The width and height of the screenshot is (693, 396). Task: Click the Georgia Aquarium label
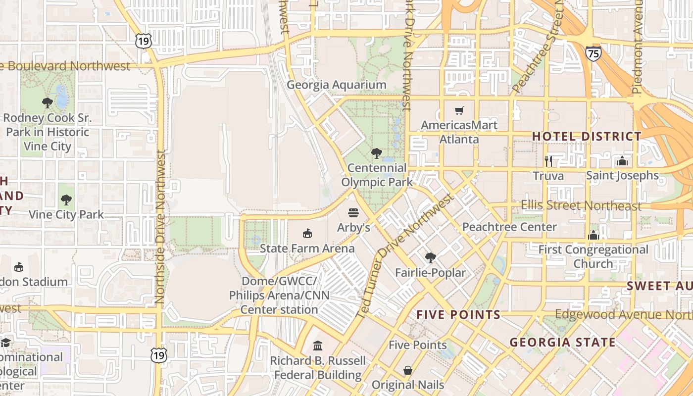coord(336,85)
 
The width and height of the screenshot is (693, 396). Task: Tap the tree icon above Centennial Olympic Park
coord(377,153)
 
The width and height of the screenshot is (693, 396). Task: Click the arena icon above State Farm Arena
coord(307,233)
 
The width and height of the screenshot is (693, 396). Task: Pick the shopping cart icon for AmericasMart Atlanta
coord(459,110)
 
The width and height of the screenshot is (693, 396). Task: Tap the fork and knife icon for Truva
coord(548,161)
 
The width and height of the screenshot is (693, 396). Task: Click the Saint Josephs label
coord(622,175)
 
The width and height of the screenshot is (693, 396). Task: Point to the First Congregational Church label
coord(593,256)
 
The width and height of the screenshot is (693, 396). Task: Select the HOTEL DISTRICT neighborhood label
coord(587,136)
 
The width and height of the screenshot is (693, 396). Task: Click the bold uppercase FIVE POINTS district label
coord(458,315)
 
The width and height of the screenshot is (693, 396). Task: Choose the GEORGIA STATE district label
coord(562,342)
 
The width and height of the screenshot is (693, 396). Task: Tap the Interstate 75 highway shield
coord(593,52)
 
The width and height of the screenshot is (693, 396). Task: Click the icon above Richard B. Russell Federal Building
coord(318,346)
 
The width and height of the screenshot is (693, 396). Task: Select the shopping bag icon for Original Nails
coord(408,370)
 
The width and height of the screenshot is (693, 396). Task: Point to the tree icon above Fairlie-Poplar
coord(431,258)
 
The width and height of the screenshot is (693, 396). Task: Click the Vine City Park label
coord(66,214)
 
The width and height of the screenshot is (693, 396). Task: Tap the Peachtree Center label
coord(509,227)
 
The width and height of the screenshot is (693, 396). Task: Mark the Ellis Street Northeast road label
coord(581,205)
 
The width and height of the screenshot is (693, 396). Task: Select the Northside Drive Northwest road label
coord(159,228)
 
